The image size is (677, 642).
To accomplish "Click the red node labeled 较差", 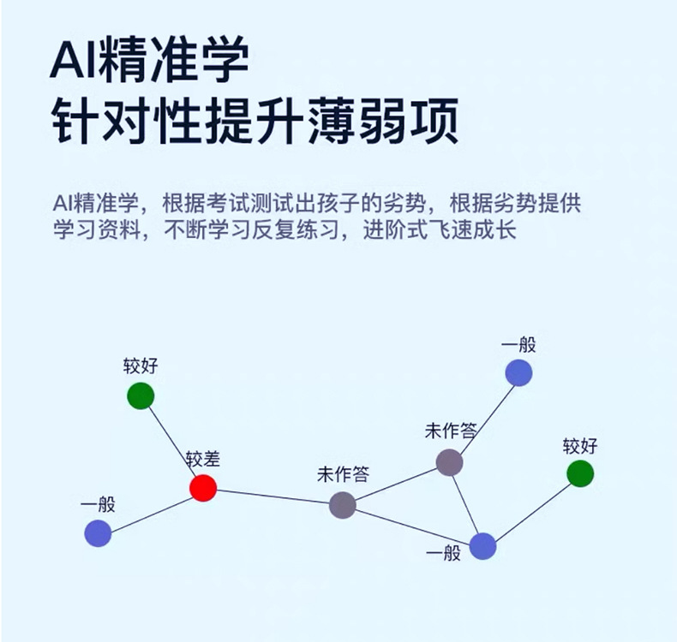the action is (x=203, y=488).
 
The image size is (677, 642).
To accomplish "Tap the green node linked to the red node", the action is (x=141, y=395).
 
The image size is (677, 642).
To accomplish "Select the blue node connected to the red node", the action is (x=99, y=532).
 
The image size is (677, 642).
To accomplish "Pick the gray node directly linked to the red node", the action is (x=342, y=505).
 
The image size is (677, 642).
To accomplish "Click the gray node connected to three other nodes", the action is (x=449, y=462).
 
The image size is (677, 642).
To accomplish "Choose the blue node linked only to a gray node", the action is (x=518, y=372).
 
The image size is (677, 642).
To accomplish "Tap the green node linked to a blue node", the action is (x=580, y=473).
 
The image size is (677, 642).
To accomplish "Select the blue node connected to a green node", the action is (x=482, y=545).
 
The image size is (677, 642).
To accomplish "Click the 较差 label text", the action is (x=203, y=460).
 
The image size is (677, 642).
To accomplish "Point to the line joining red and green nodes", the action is (x=171, y=442).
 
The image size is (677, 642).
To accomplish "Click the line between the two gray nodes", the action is (x=395, y=484).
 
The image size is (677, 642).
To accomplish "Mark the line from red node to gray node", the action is (x=273, y=496).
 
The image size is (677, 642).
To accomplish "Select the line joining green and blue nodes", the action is (x=531, y=509).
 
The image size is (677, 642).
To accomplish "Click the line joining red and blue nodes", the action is (x=151, y=510).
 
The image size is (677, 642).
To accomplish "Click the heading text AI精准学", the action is (x=149, y=62).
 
